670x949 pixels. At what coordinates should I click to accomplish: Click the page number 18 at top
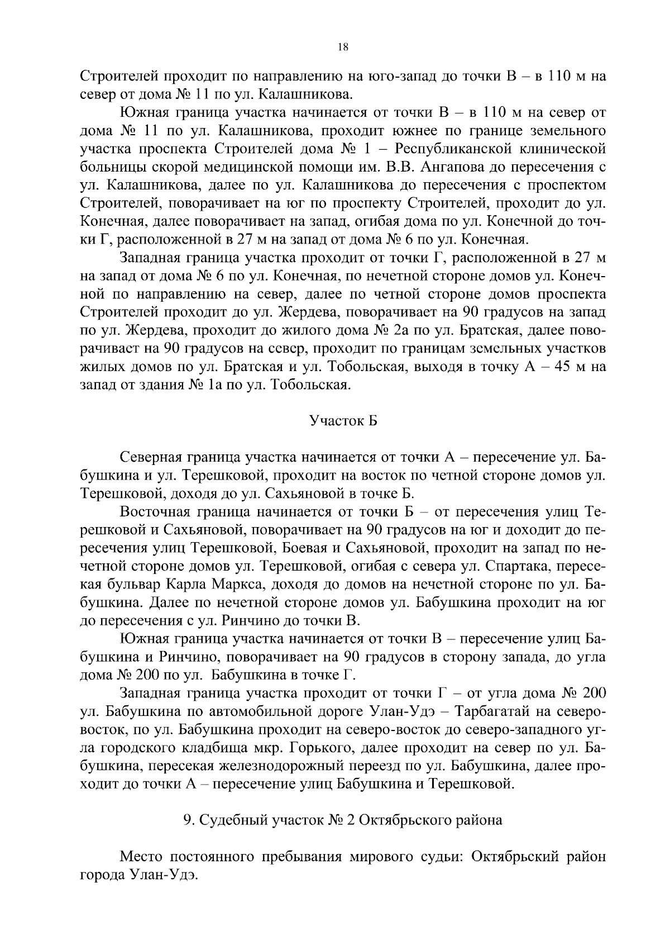point(343,48)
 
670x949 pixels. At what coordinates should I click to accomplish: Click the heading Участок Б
point(343,420)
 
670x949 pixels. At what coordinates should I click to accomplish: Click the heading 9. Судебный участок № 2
point(343,820)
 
